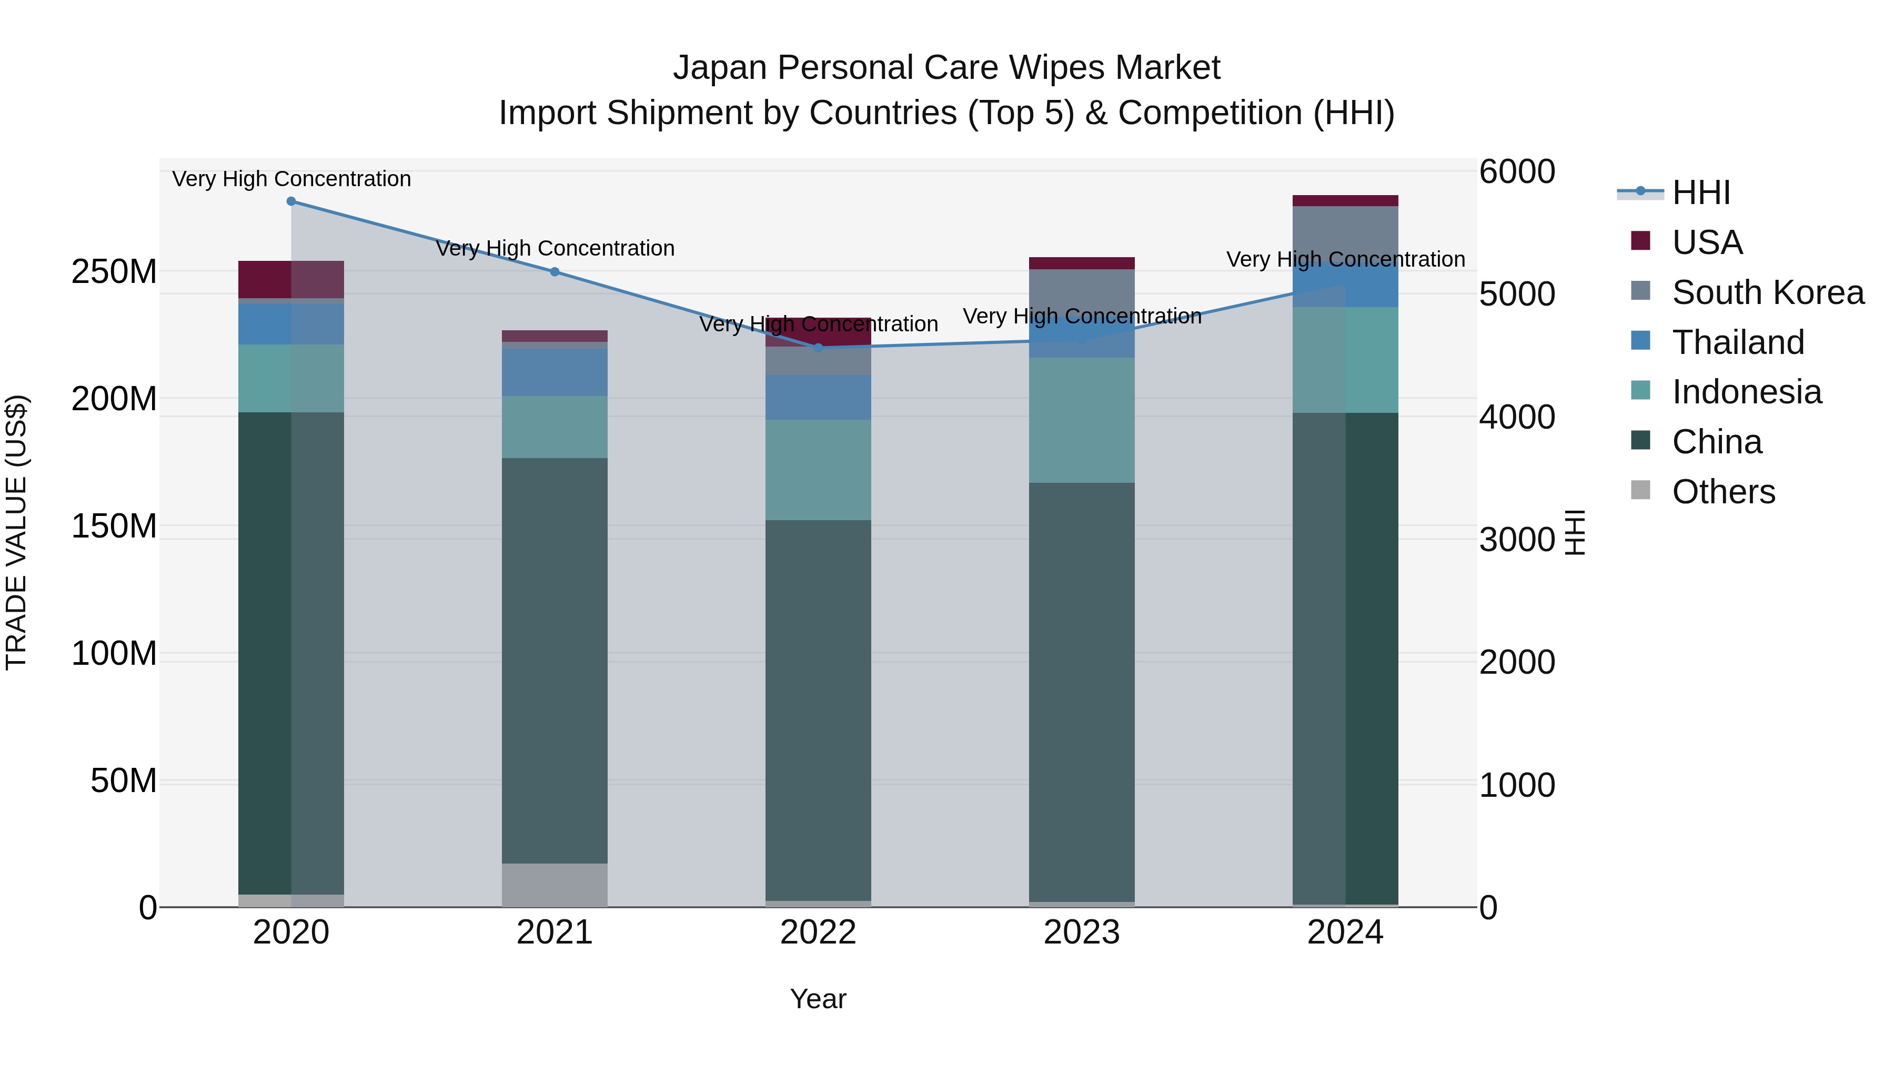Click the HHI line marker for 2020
pyautogui.click(x=291, y=201)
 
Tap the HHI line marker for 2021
pyautogui.click(x=555, y=272)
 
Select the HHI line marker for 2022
pyautogui.click(x=818, y=348)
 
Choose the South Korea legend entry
pyautogui.click(x=1767, y=292)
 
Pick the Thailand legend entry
pyautogui.click(x=1737, y=342)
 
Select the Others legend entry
pyautogui.click(x=1722, y=492)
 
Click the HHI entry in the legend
pyautogui.click(x=1700, y=192)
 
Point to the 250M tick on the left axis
pyautogui.click(x=114, y=272)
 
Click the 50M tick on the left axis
pyautogui.click(x=124, y=780)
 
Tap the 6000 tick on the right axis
pyautogui.click(x=1517, y=172)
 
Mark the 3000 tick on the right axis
pyautogui.click(x=1517, y=540)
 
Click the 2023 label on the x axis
pyautogui.click(x=1082, y=932)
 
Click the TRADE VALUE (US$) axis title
pyautogui.click(x=16, y=532)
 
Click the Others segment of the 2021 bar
pyautogui.click(x=555, y=885)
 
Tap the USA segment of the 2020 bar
pyautogui.click(x=291, y=279)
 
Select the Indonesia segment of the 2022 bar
pyautogui.click(x=818, y=470)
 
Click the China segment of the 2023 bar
pyautogui.click(x=1082, y=691)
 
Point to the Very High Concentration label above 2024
pyautogui.click(x=1345, y=259)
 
